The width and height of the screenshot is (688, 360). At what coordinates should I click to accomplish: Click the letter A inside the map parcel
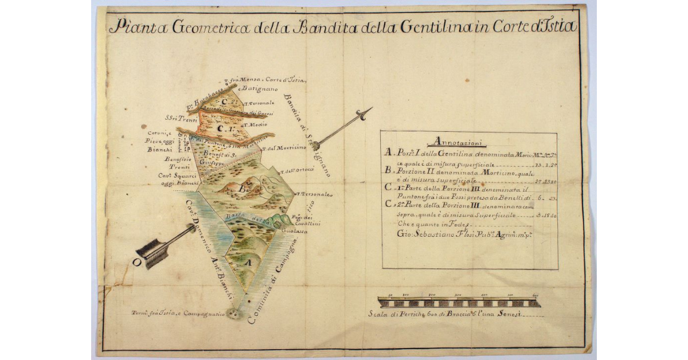pyautogui.click(x=248, y=261)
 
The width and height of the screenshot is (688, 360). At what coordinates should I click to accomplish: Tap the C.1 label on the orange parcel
pyautogui.click(x=222, y=127)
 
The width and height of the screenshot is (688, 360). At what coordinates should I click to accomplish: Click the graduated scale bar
pyautogui.click(x=459, y=303)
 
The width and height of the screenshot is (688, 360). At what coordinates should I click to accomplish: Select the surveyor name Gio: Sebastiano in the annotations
pyautogui.click(x=421, y=234)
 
